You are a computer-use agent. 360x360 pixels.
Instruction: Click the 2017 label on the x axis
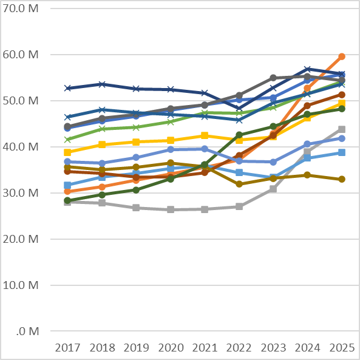coord(67,348)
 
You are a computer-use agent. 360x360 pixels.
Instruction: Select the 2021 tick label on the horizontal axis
coord(205,348)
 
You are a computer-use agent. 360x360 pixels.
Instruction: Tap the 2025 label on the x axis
coord(342,348)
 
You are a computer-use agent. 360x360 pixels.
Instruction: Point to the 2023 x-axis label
coord(273,348)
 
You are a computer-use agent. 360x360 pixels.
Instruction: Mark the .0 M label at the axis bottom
coord(28,331)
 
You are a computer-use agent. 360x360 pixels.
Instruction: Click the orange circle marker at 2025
coord(342,56)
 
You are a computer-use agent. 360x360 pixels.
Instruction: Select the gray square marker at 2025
coord(342,129)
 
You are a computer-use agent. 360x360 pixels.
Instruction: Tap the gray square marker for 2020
coord(171,209)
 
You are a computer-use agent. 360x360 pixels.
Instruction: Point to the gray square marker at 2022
coord(239,206)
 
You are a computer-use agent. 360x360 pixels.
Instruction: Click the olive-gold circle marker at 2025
coord(342,179)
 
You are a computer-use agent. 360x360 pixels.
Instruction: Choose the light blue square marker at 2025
coord(342,152)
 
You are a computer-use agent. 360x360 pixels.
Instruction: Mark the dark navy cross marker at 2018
coord(102,84)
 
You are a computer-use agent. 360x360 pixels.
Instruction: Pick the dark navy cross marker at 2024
coord(308,69)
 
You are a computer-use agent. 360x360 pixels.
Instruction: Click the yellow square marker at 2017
coord(67,152)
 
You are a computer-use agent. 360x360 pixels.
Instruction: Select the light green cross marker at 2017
coord(67,140)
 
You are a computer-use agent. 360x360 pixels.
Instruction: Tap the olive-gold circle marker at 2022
coord(239,184)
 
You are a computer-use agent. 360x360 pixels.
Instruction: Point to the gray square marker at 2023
coord(273,189)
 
